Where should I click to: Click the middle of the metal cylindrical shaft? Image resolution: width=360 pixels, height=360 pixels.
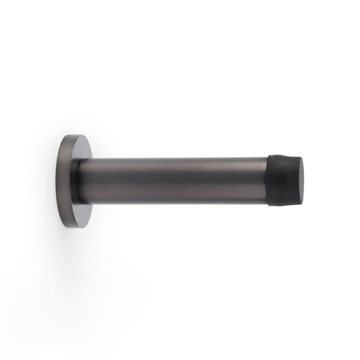(x=172, y=180)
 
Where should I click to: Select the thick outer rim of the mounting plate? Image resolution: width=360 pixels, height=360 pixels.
(x=61, y=180)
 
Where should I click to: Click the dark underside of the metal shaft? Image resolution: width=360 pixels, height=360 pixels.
(x=172, y=198)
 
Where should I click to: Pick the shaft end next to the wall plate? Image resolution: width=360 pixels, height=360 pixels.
(x=90, y=181)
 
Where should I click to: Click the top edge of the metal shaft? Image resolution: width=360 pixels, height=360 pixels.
(x=172, y=159)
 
